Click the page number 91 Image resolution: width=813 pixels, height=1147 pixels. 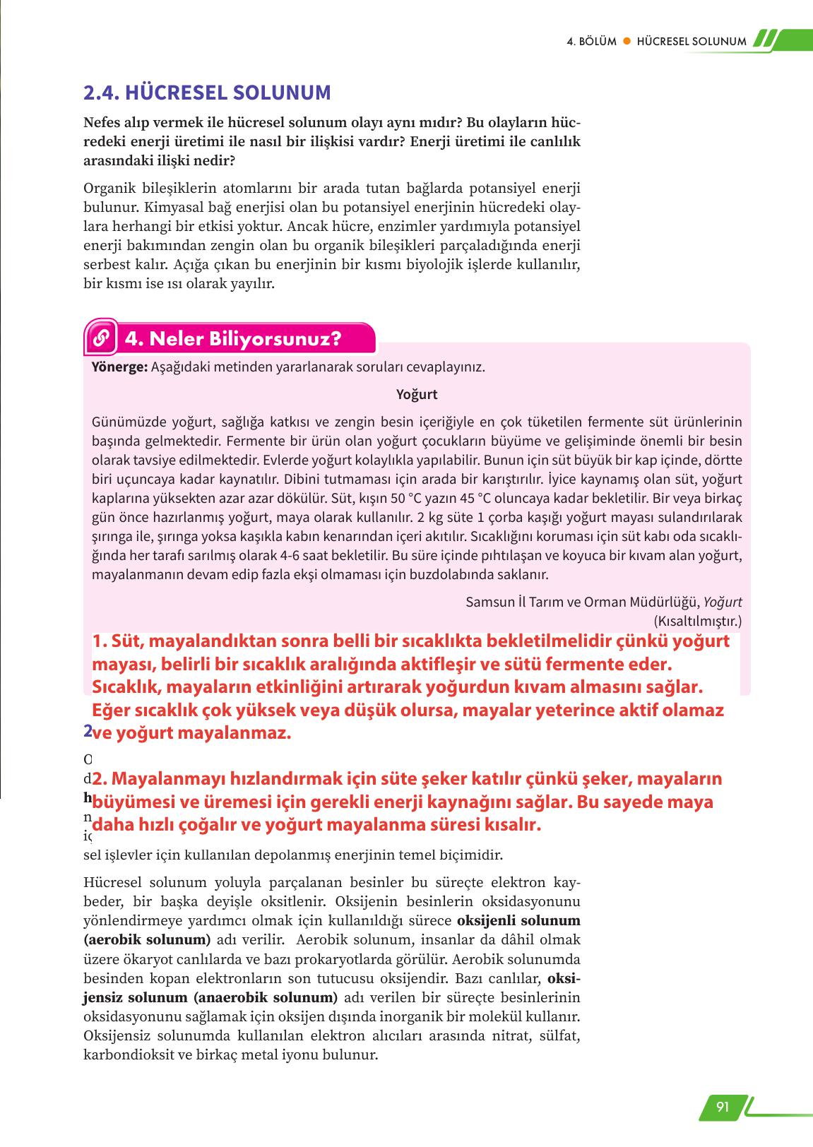click(x=722, y=1107)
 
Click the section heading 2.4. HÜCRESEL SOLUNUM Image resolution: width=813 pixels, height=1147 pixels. click(x=207, y=93)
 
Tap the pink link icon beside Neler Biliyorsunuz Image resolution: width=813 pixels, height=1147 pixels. click(x=100, y=339)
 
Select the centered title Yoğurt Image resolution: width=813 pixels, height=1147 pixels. click(x=417, y=394)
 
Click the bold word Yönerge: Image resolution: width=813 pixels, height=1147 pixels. click(x=119, y=367)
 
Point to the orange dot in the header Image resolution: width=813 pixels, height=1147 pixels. click(x=625, y=41)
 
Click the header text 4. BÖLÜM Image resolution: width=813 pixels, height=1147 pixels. click(x=592, y=41)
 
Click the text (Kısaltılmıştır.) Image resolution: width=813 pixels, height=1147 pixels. click(x=697, y=621)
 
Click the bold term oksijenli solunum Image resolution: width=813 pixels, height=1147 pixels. click(x=518, y=921)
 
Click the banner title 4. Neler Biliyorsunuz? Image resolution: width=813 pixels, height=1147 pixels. click(x=233, y=339)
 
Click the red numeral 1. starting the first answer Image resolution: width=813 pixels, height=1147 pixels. click(x=99, y=642)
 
